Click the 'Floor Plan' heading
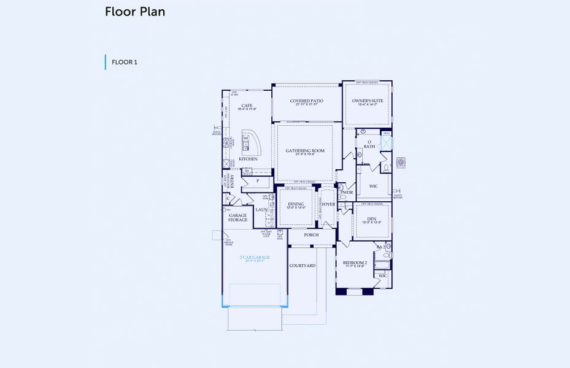[x=134, y=12]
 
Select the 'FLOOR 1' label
[x=124, y=62]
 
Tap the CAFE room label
[x=247, y=106]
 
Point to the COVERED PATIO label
[x=306, y=101]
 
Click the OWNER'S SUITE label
[x=368, y=101]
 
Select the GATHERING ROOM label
[x=305, y=150]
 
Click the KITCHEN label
[x=248, y=159]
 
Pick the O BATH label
[x=369, y=144]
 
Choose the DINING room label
[x=296, y=204]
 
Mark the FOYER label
[x=328, y=204]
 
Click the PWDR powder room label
[x=347, y=192]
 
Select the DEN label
[x=371, y=219]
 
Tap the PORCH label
[x=311, y=234]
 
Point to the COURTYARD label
[x=302, y=266]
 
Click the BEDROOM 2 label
[x=355, y=263]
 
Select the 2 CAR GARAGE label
[x=254, y=258]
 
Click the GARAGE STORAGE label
[x=238, y=218]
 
